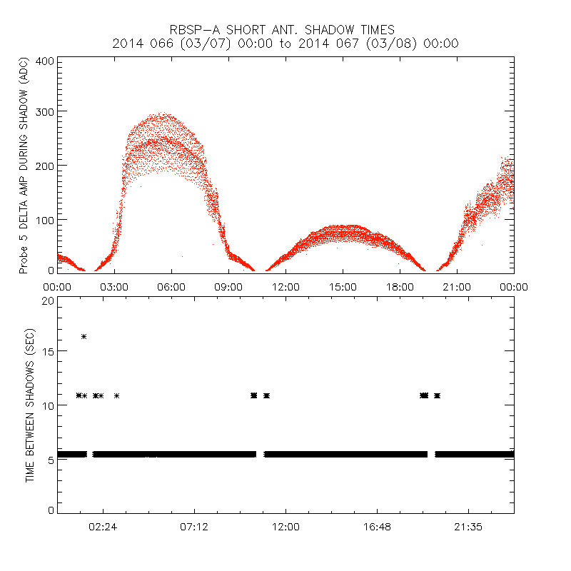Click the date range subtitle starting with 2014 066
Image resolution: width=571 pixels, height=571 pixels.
(285, 44)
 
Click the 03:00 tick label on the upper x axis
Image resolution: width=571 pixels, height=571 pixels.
(114, 286)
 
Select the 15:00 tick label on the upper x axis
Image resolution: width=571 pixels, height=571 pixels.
(343, 286)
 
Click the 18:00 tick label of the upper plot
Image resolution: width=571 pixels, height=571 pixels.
(400, 286)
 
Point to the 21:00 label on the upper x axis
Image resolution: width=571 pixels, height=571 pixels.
(457, 286)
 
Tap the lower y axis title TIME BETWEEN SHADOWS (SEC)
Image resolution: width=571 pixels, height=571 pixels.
(30, 405)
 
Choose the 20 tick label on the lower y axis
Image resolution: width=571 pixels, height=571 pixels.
(49, 300)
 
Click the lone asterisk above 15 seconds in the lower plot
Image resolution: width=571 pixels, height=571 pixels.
(84, 336)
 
